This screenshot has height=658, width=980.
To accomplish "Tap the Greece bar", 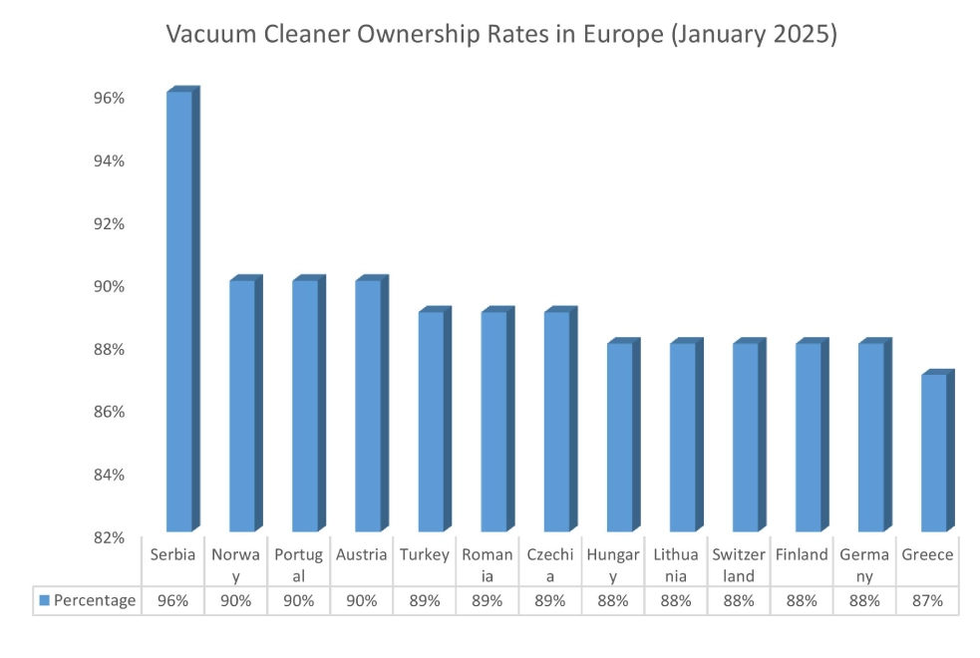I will point(934,453).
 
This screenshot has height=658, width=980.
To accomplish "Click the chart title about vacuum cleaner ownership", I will point(501,35).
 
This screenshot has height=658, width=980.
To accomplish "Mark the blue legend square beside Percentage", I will point(44,600).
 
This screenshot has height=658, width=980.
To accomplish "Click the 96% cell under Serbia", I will point(172,600).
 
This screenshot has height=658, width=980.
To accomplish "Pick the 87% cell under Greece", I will point(927,600).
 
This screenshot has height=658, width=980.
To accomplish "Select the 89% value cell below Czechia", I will point(550,600).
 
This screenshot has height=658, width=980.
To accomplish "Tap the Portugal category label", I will point(298,565).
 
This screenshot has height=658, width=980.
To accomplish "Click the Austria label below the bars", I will point(361,555).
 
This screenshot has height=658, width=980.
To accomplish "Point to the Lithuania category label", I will point(676,565).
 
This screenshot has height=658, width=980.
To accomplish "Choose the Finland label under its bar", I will point(802,555).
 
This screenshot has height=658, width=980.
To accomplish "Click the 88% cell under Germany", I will point(864,600).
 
